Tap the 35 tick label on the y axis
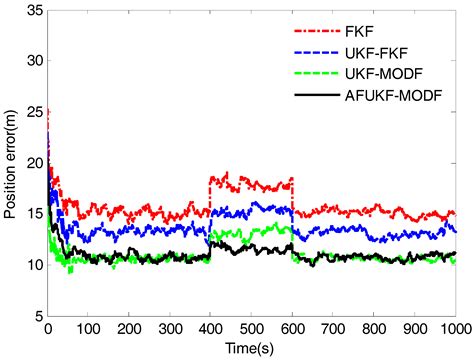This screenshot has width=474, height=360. point(33,10)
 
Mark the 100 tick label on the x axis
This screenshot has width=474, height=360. point(88,329)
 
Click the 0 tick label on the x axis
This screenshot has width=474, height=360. point(47,329)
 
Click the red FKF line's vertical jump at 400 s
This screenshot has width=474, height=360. point(210,195)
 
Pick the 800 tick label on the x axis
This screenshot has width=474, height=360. point(374,329)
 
